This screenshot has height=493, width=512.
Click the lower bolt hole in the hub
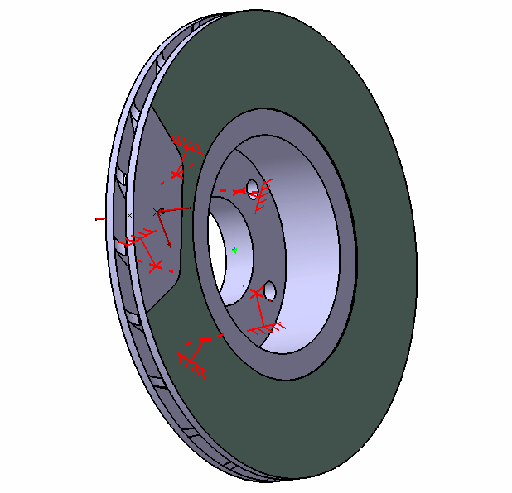click(269, 291)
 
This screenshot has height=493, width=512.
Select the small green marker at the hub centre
click(235, 251)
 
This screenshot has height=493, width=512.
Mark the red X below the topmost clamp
click(176, 174)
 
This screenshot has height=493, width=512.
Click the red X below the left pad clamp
click(154, 266)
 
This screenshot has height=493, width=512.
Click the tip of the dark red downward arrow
click(169, 247)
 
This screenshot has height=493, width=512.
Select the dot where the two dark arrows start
click(162, 211)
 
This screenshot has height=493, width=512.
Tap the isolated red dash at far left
click(99, 219)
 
